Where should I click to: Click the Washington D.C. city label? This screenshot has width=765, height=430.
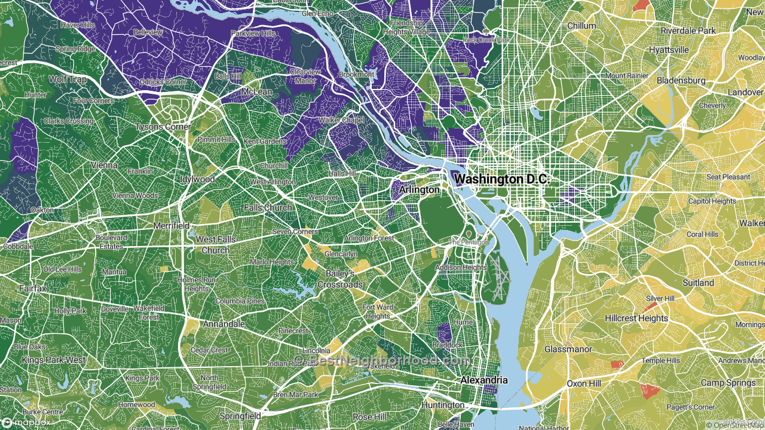[x=501, y=179]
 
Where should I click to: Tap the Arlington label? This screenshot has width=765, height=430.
[x=419, y=189]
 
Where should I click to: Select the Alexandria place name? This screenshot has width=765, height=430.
[x=484, y=380]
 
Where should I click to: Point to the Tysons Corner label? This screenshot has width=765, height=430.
[x=163, y=127]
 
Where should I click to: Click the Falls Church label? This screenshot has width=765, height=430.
[x=268, y=208]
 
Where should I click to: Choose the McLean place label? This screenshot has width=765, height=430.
[x=256, y=92]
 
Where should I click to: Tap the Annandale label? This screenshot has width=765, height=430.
[x=224, y=324]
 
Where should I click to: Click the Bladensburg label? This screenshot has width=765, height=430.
[x=681, y=80]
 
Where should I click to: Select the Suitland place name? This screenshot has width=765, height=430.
[x=698, y=282]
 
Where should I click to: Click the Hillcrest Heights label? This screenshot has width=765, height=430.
[x=636, y=318]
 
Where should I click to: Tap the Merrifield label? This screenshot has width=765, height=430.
[x=172, y=226]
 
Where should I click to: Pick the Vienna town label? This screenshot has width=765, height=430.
[x=104, y=165]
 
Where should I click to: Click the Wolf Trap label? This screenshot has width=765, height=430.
[x=68, y=79]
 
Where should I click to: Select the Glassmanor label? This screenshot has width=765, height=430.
[x=568, y=349]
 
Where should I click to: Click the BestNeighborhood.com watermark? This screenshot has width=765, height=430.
[x=382, y=360]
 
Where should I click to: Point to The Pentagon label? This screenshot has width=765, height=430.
[x=469, y=242]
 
